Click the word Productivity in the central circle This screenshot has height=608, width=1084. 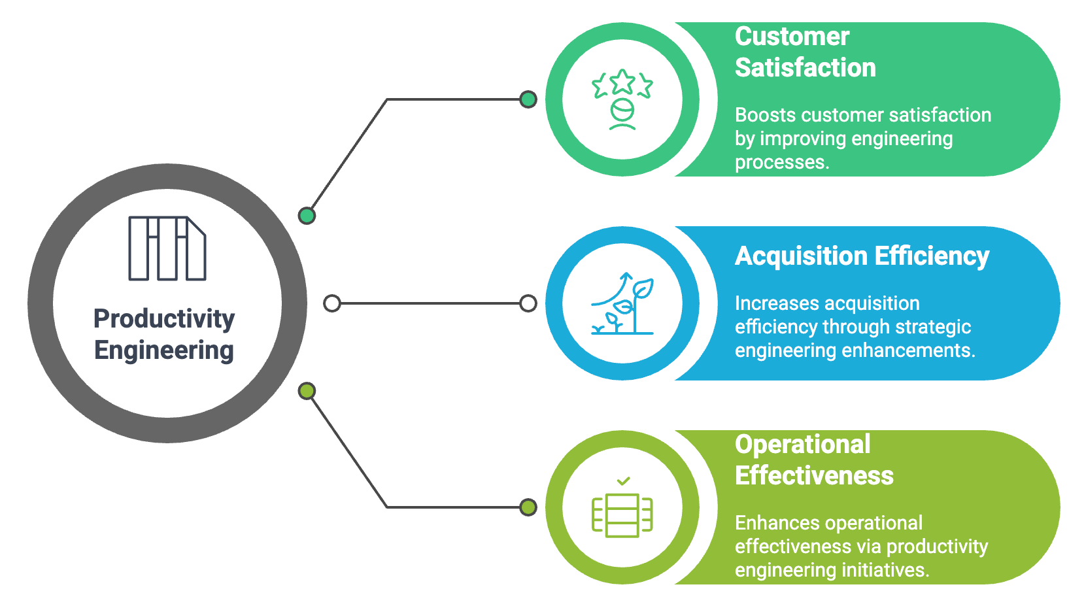[164, 319]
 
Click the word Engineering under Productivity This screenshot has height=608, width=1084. [164, 350]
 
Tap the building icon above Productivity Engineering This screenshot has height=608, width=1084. [167, 248]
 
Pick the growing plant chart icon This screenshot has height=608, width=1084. [622, 303]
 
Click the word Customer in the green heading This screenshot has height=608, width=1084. [792, 37]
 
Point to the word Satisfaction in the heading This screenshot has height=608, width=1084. [805, 68]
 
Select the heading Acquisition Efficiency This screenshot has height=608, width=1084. [862, 256]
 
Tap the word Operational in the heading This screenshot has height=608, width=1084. [802, 445]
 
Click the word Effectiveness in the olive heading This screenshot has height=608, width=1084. [814, 476]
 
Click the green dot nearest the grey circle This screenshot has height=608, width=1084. [307, 215]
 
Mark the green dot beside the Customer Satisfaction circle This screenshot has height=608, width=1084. [528, 99]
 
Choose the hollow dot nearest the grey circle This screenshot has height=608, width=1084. [332, 303]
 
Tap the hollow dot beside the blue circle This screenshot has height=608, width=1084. [528, 303]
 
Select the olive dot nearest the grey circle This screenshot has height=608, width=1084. [307, 391]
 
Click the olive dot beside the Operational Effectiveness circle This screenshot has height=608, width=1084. [528, 507]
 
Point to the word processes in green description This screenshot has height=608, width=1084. [781, 162]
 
